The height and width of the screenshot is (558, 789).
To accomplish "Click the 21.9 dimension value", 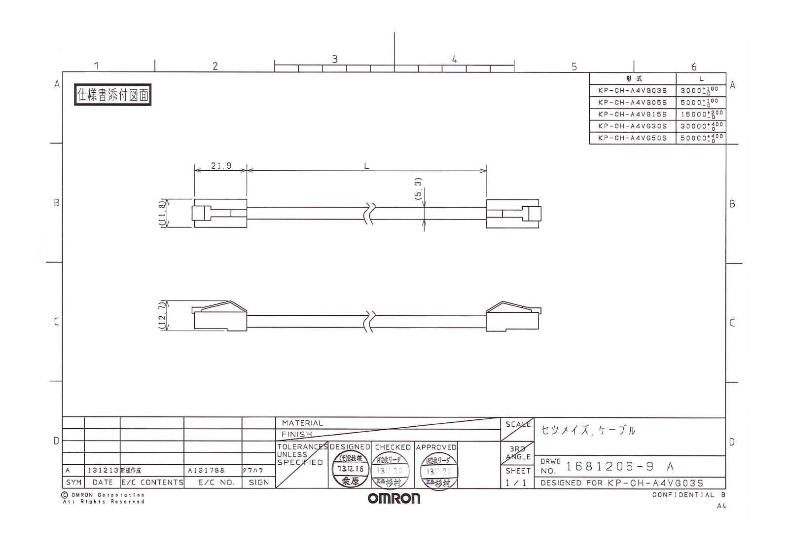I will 221,166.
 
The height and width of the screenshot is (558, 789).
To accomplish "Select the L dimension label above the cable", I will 366,166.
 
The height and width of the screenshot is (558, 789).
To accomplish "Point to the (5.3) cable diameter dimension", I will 419,188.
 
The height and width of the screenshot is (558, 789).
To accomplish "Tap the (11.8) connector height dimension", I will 162,213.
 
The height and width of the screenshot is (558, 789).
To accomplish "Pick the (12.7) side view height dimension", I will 162,316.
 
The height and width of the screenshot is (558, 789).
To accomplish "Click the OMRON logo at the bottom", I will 394,498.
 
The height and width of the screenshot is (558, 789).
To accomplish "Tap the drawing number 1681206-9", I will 610,466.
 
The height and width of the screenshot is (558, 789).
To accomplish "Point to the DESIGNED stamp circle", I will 350,470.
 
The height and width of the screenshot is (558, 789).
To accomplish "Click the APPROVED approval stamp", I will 438,471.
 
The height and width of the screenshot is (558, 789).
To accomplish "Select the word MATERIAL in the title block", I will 302,423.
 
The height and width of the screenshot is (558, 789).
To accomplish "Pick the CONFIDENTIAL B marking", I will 688,495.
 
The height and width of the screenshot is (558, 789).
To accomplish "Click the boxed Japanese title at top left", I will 112,95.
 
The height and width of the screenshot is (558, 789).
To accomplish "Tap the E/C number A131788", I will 206,470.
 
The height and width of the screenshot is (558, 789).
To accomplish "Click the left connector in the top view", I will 219,213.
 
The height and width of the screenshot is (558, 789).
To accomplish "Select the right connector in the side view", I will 513,316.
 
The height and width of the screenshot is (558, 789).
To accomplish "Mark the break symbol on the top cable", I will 369,213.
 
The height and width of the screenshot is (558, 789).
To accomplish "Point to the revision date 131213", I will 103,470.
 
